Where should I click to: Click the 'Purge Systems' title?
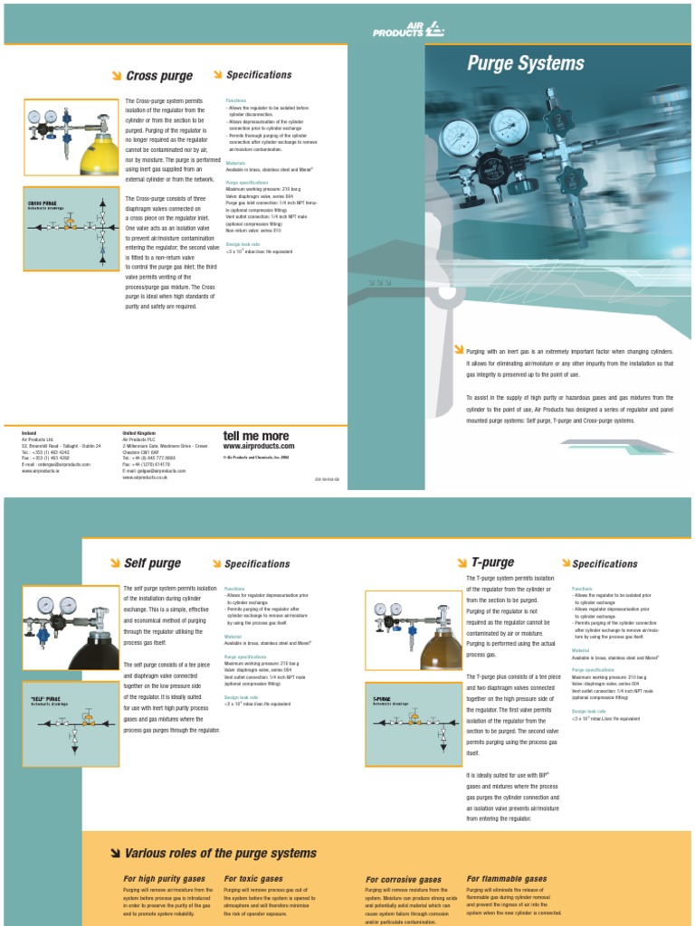coord(525,63)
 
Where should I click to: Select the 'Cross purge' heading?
coord(159,77)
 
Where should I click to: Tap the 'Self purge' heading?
coord(152,563)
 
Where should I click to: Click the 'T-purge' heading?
coord(492,562)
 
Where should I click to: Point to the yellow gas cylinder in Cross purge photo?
coord(99,156)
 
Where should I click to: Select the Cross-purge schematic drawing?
coord(71,229)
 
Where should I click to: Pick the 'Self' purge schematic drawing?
coord(71,723)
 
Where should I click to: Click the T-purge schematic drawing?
coord(413,723)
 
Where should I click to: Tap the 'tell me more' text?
coord(256,435)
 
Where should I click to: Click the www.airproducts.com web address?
coord(259,446)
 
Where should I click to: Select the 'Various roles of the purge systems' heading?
coord(220,853)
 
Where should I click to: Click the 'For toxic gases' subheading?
coord(253,878)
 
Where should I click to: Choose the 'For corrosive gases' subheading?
coord(404,879)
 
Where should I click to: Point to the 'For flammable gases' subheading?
coord(507,878)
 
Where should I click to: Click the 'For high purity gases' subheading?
coord(165,878)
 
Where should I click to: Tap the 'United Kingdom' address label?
coord(138,433)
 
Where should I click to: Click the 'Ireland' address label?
coord(30,433)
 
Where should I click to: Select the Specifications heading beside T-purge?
coord(605,564)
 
